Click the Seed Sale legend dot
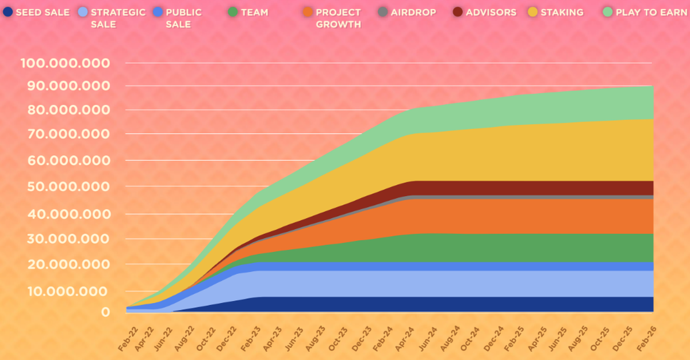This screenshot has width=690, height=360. pos(7,12)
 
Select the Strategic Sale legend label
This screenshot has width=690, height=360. pos(118,18)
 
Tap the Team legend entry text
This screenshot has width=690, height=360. pos(255,12)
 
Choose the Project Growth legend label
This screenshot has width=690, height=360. pos(338,18)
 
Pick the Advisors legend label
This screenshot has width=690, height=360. pos(491,12)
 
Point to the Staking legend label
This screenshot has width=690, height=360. pos(562,12)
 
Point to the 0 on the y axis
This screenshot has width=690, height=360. pos(105,312)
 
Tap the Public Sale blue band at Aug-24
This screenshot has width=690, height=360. pos(448,266)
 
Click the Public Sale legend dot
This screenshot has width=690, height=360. pos(158,12)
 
